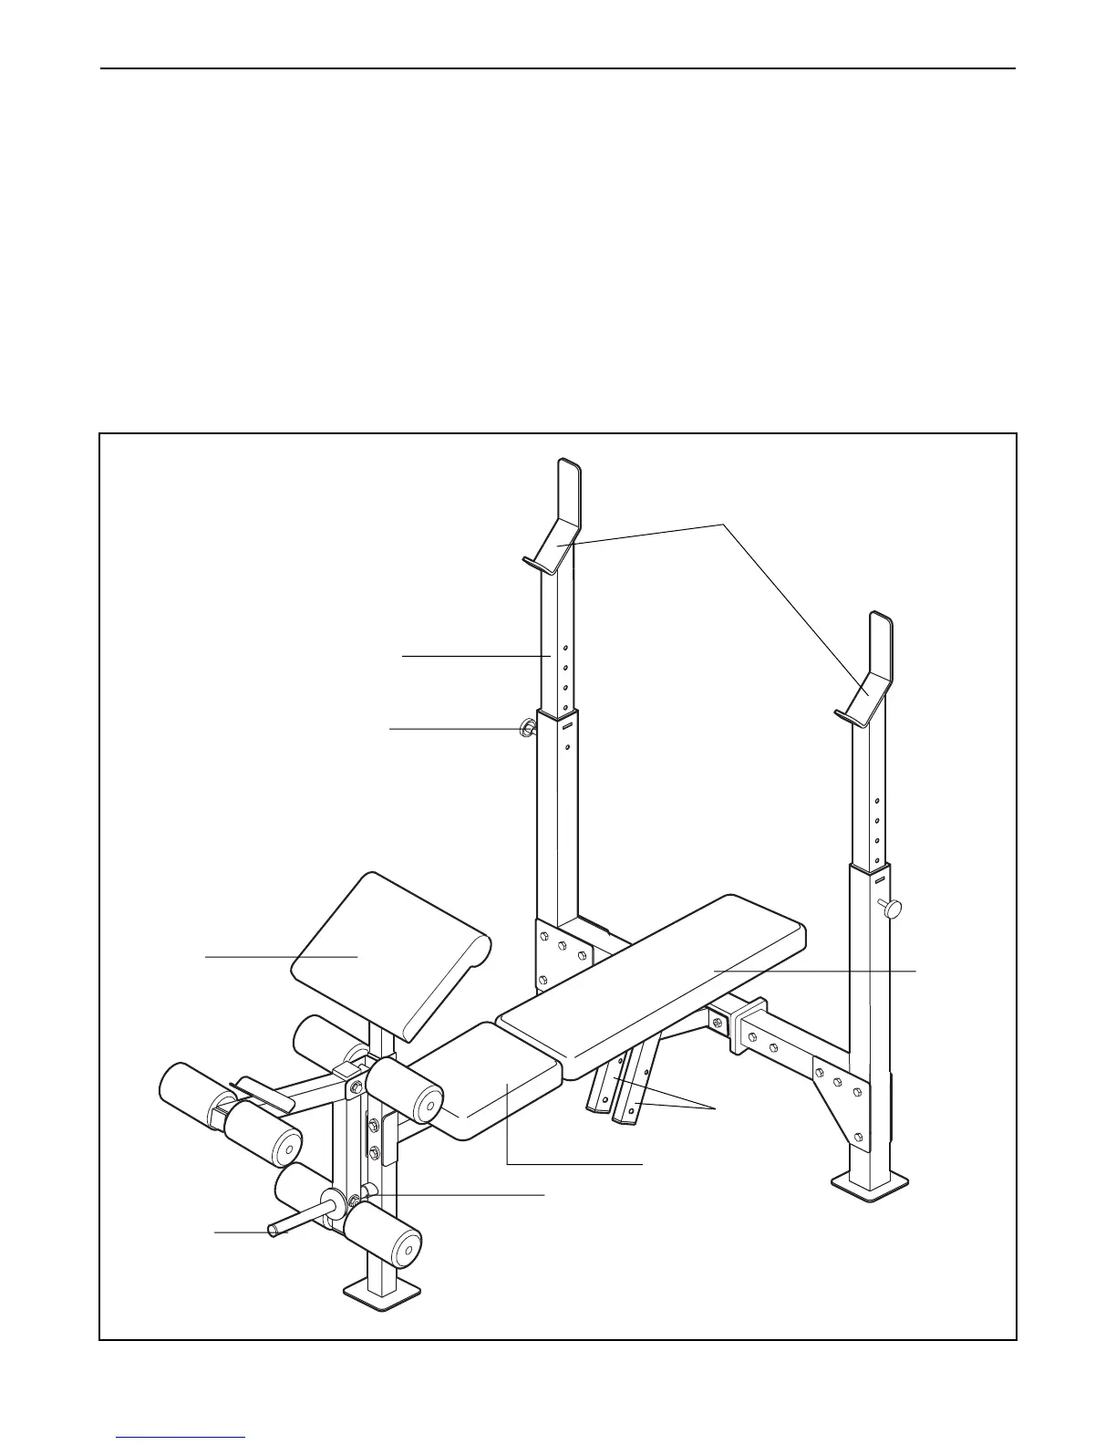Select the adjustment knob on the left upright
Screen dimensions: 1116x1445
527,728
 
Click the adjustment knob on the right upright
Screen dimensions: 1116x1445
891,909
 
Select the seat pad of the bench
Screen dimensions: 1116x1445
497,1081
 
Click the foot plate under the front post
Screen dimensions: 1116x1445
382,1291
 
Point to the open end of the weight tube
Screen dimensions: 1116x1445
273,1231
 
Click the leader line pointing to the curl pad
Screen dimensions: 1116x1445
274,957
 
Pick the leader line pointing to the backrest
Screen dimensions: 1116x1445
821,971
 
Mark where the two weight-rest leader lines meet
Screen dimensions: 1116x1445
724,524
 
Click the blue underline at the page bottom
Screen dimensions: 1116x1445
181,1439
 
